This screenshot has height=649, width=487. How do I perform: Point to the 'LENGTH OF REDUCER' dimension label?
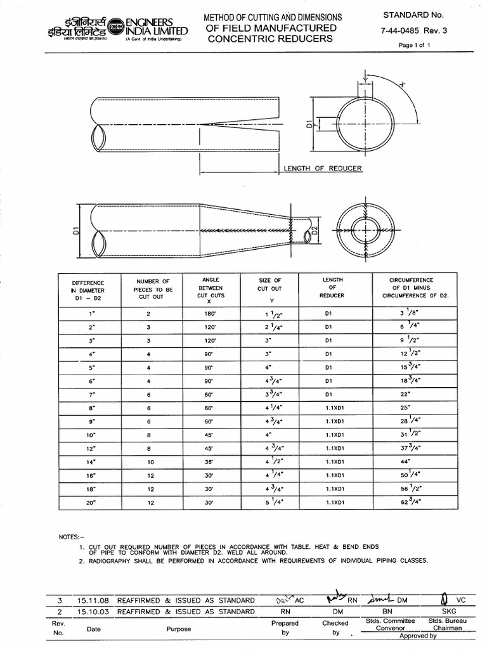pyautogui.click(x=323, y=168)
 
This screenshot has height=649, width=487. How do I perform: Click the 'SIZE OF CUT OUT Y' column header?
pyautogui.click(x=269, y=289)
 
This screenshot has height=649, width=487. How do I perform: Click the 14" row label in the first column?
pyautogui.click(x=93, y=462)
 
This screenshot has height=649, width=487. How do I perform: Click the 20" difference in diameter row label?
pyautogui.click(x=93, y=503)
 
